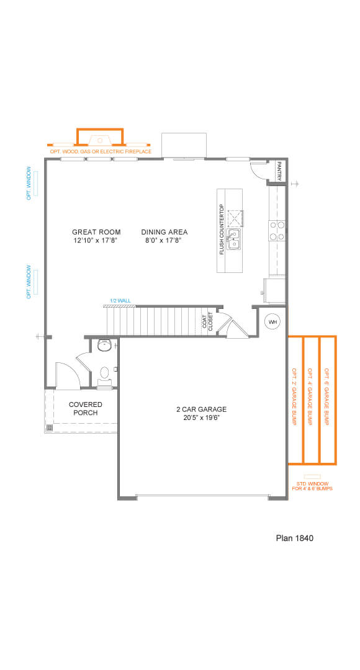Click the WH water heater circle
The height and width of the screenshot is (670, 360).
tap(272, 321)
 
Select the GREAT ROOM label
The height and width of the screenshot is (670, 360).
tap(96, 232)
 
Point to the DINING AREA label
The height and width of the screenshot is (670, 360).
tap(164, 232)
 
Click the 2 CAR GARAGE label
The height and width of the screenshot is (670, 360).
tap(201, 409)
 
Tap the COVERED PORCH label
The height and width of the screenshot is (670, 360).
tap(86, 408)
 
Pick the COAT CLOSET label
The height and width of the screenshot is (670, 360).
tap(207, 321)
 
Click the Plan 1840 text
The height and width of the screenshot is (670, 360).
tap(295, 538)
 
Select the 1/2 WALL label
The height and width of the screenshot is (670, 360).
tap(120, 301)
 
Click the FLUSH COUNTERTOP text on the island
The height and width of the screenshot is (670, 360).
tap(222, 230)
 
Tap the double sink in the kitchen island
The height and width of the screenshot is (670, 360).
tap(234, 239)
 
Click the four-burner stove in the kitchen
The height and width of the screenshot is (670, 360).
tap(277, 230)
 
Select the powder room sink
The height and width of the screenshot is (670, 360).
tap(104, 345)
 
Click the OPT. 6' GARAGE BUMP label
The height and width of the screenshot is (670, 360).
tap(326, 396)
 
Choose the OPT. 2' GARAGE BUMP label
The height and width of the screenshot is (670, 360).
tap(294, 396)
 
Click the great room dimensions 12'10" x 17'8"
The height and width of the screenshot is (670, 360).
tap(96, 241)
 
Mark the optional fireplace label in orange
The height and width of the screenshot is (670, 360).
tap(101, 152)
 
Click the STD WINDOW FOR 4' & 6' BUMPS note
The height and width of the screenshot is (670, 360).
tap(312, 486)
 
